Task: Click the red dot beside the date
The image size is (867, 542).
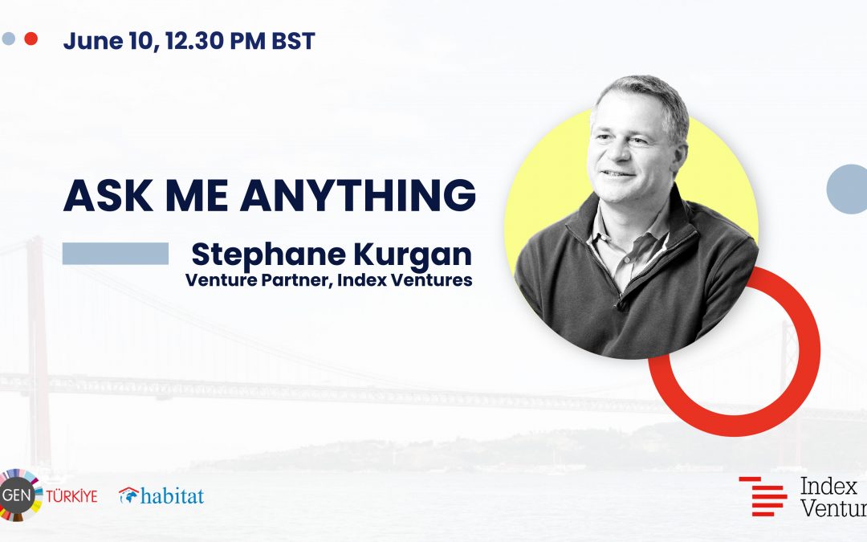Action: (x=31, y=39)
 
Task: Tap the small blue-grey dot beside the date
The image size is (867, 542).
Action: (x=8, y=39)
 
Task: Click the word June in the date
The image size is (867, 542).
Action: (x=93, y=41)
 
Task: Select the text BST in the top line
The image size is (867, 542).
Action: (x=293, y=41)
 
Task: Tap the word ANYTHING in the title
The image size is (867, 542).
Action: (x=358, y=196)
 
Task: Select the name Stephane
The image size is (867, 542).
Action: (x=269, y=255)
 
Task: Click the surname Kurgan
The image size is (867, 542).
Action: (x=413, y=255)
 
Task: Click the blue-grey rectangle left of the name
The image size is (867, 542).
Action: (x=116, y=253)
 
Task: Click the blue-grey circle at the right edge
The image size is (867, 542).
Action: (x=847, y=189)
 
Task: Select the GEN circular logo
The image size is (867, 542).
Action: (x=18, y=495)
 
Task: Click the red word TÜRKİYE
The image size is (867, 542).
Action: (x=71, y=496)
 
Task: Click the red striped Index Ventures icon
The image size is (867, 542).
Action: (x=763, y=496)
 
